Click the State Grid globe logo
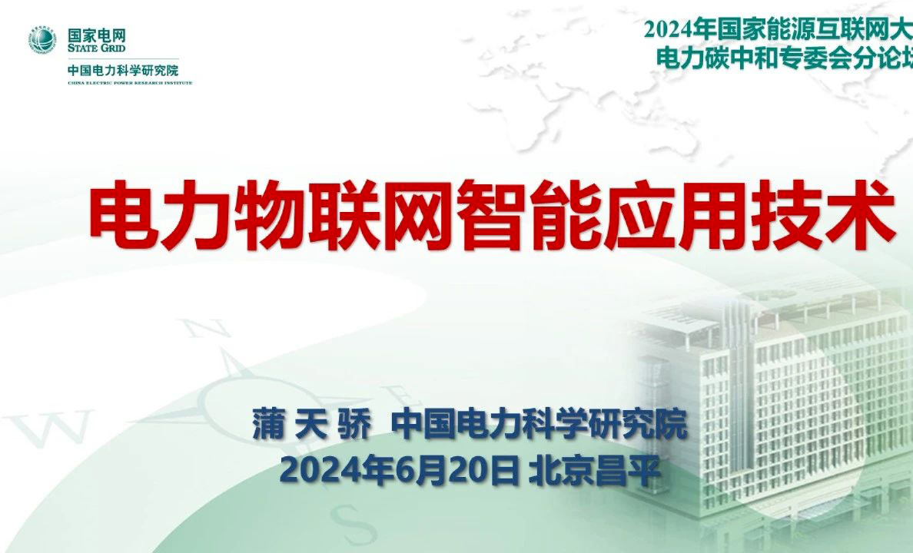43,40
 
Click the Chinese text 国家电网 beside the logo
96,35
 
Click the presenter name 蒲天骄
311,425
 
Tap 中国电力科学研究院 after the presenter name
539,425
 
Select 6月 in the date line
399,469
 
